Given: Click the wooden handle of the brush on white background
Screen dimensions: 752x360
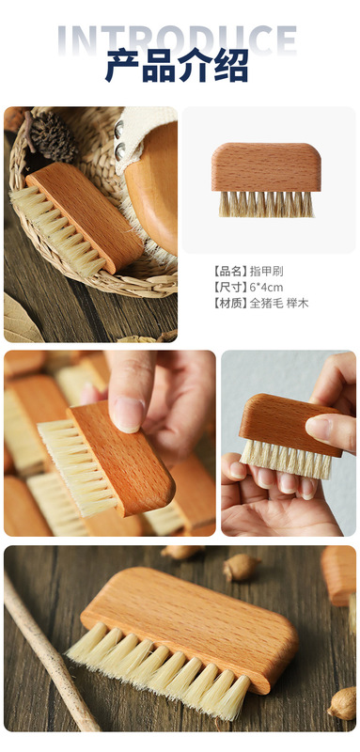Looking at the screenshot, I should (266, 165).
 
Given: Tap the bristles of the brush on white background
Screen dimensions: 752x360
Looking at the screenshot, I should (267, 204).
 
